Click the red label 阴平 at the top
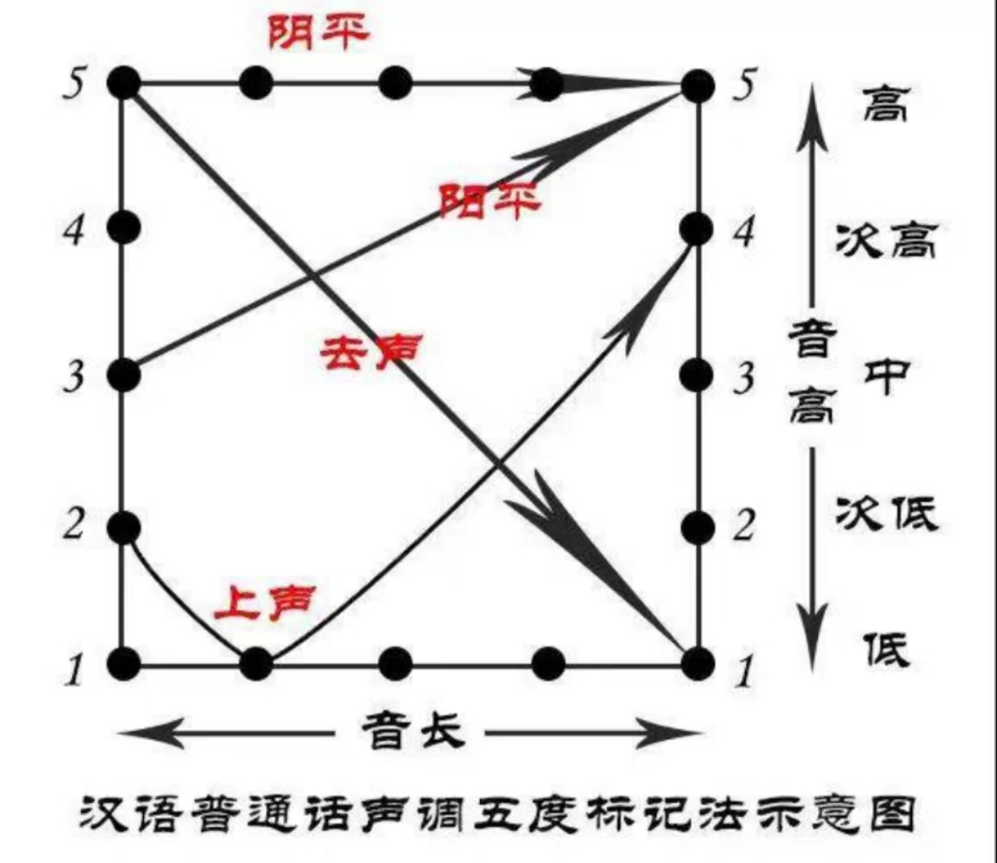(318, 32)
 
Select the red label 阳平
(490, 201)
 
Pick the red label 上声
(265, 603)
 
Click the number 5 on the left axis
(74, 83)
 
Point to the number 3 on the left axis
(74, 376)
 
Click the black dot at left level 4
(124, 226)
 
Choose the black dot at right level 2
(697, 527)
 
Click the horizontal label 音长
(414, 731)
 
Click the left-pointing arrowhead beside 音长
(151, 733)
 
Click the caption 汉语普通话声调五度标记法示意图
(498, 813)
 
